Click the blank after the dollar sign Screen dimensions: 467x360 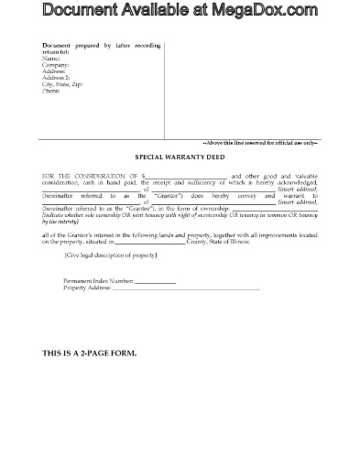pyautogui.click(x=184, y=174)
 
